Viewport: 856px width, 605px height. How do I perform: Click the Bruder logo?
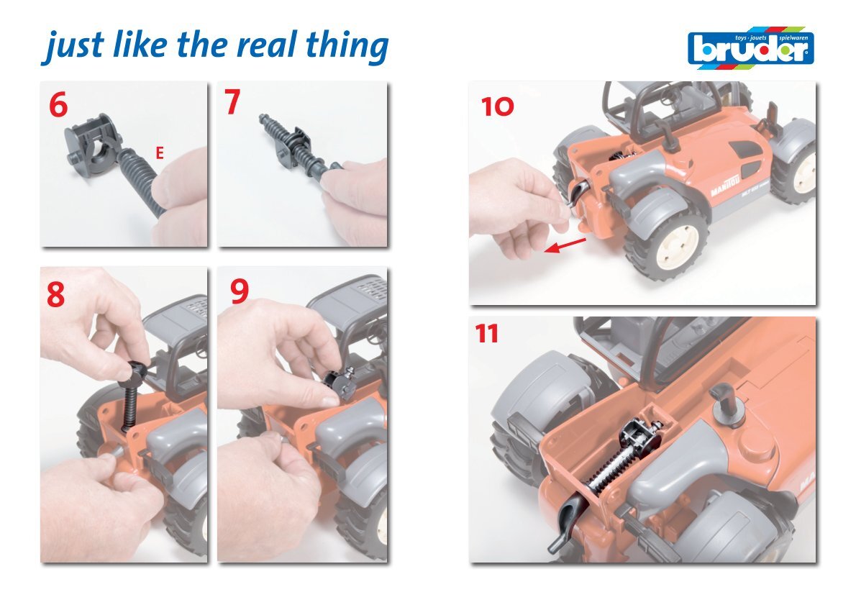pos(751,47)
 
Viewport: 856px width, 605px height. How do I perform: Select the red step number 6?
pos(58,104)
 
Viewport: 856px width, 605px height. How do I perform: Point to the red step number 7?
pos(232,101)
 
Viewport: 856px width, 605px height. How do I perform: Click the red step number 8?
pos(55,295)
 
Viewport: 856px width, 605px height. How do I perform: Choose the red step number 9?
pos(240,291)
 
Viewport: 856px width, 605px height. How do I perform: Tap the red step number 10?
pos(497,106)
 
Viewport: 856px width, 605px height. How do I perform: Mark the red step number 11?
pos(486,334)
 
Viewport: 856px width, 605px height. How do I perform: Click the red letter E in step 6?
pos(160,153)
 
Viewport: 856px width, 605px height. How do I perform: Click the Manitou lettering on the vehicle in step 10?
pos(724,186)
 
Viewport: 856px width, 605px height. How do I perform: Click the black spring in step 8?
pos(131,404)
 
